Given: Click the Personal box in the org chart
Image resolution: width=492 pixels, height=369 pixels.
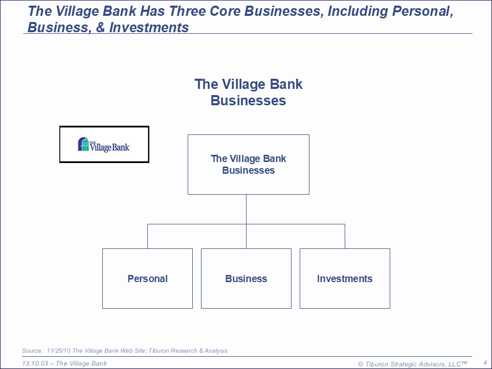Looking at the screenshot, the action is (147, 279).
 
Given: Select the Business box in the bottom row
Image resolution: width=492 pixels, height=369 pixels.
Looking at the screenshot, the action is (246, 279).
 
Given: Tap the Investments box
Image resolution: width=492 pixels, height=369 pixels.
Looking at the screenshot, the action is (345, 279).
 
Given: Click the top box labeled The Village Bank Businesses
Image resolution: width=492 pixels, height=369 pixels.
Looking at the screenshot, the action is (249, 165).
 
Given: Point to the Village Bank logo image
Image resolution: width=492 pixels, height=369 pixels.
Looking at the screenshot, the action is (104, 144).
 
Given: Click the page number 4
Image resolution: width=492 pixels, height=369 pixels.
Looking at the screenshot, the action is (485, 363).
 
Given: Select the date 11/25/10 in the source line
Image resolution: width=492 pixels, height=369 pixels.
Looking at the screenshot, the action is (58, 351).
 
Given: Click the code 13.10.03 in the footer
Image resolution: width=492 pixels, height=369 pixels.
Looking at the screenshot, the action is (35, 363).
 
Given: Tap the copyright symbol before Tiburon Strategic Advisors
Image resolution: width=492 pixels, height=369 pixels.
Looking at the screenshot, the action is (361, 364).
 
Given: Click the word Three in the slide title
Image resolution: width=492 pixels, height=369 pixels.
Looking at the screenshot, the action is (187, 11).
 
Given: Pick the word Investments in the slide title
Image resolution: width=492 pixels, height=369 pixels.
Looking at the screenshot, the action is (149, 27).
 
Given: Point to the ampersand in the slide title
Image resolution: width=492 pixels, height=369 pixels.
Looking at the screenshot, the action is (100, 27).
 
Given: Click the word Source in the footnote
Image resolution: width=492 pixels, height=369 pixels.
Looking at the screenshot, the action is (32, 351).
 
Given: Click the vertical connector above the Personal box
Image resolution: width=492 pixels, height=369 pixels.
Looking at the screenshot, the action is (147, 237).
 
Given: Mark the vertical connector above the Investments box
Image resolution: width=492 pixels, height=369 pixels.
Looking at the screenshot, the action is (345, 237).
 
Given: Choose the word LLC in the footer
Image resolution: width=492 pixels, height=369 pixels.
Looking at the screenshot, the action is (455, 364).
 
